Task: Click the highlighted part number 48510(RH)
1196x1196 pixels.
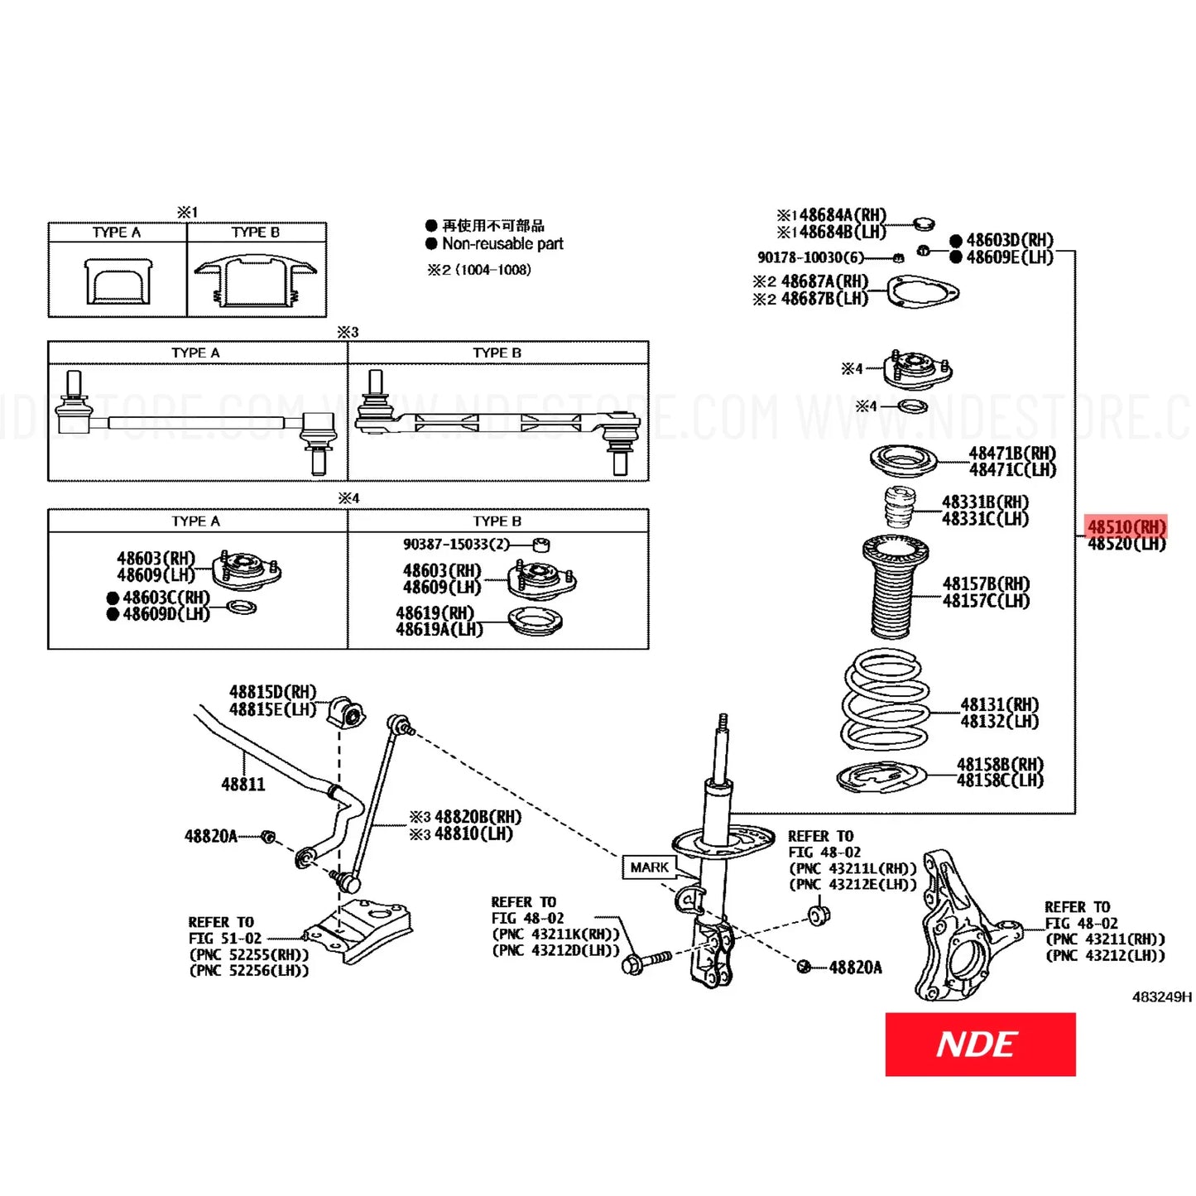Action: [1126, 527]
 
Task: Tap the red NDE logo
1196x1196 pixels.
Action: [980, 1045]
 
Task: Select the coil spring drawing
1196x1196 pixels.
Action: [883, 700]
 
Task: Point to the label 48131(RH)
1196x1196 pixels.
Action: [999, 704]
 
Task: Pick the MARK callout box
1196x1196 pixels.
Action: [649, 867]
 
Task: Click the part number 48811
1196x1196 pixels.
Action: [243, 784]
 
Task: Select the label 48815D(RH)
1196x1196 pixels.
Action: [272, 692]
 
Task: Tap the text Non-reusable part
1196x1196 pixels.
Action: [502, 244]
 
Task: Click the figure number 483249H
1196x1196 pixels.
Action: [1161, 997]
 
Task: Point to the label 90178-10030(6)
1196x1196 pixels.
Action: [810, 257]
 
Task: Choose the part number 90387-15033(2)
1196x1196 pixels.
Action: [456, 544]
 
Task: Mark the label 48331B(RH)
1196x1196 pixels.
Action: [985, 502]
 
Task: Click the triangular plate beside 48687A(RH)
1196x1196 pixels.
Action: [922, 292]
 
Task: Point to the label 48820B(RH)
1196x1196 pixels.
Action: [478, 817]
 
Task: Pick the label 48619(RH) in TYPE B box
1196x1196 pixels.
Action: [435, 613]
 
